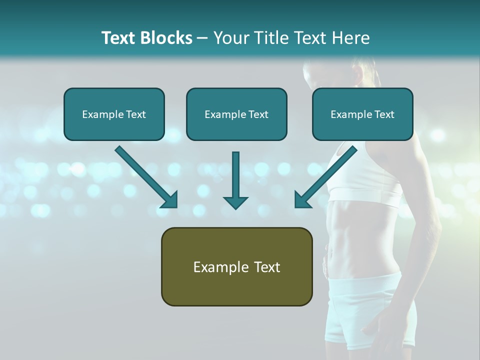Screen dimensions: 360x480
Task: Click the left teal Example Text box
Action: pyautogui.click(x=114, y=114)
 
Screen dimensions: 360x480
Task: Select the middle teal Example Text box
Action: pyautogui.click(x=236, y=114)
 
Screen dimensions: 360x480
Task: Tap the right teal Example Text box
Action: pyautogui.click(x=362, y=114)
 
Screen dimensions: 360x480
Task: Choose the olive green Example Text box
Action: pyautogui.click(x=236, y=266)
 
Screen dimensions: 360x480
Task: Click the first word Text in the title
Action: pyautogui.click(x=119, y=38)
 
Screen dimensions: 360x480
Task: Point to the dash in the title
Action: pyautogui.click(x=202, y=38)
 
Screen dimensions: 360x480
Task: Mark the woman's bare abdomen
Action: pyautogui.click(x=360, y=235)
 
